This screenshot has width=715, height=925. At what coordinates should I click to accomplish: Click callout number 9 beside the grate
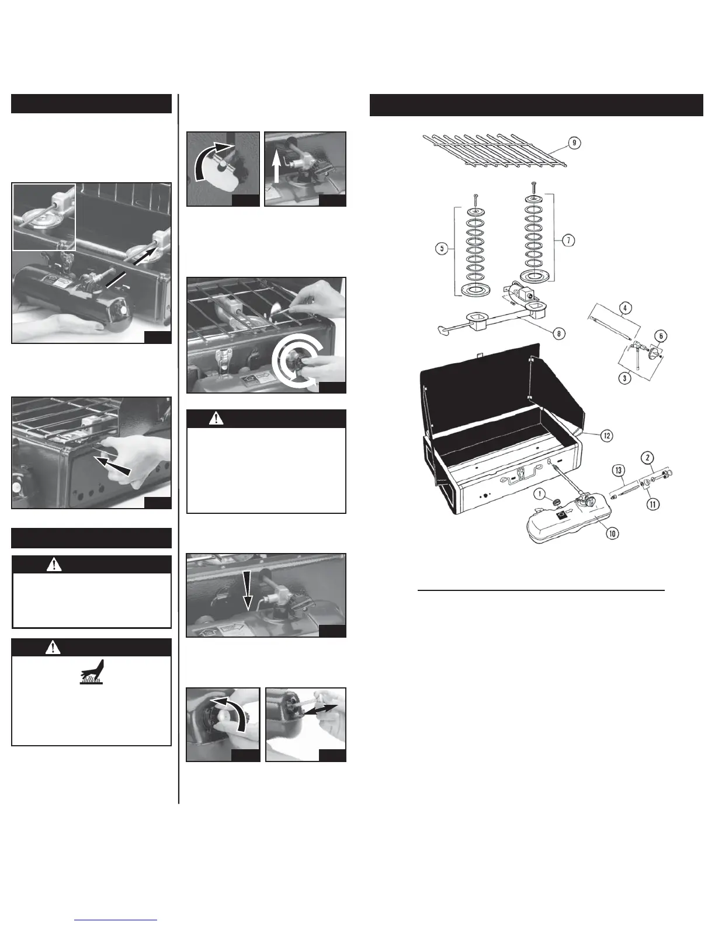click(x=575, y=142)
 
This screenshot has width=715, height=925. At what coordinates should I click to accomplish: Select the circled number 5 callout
click(x=442, y=248)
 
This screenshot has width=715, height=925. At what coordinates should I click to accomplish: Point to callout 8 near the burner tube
click(x=560, y=333)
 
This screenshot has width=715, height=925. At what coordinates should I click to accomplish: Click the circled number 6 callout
click(x=661, y=336)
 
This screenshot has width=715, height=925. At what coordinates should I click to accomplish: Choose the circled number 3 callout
click(x=625, y=378)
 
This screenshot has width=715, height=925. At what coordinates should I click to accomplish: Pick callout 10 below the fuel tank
click(x=612, y=533)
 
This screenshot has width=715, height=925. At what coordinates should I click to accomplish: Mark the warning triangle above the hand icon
click(x=53, y=647)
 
